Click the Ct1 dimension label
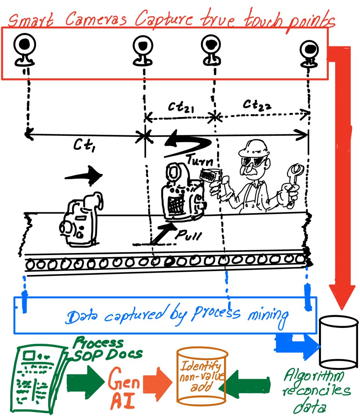click(x=85, y=144)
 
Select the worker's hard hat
click(x=254, y=149)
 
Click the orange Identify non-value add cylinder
click(x=202, y=377)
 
